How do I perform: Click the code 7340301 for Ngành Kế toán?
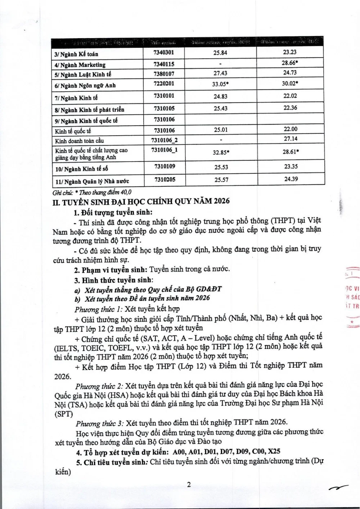pyautogui.click(x=164, y=53)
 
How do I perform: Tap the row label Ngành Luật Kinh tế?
pyautogui.click(x=83, y=75)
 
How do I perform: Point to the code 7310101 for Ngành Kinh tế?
pyautogui.click(x=164, y=96)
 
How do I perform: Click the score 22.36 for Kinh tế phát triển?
pyautogui.click(x=290, y=108)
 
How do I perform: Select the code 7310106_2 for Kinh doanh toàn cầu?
pyautogui.click(x=166, y=139)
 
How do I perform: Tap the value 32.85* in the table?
pyautogui.click(x=221, y=152)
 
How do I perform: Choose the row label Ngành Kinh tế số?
pyautogui.click(x=81, y=169)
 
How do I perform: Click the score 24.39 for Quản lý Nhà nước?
pyautogui.click(x=291, y=179)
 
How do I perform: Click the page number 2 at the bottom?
pyautogui.click(x=188, y=485)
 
